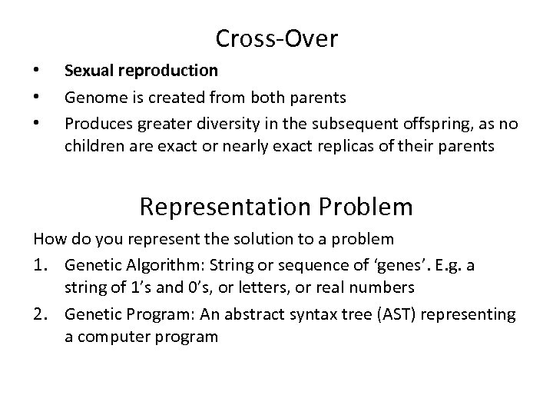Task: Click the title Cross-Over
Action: pyautogui.click(x=276, y=37)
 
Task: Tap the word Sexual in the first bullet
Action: pyautogui.click(x=87, y=71)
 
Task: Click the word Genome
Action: pyautogui.click(x=91, y=98)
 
